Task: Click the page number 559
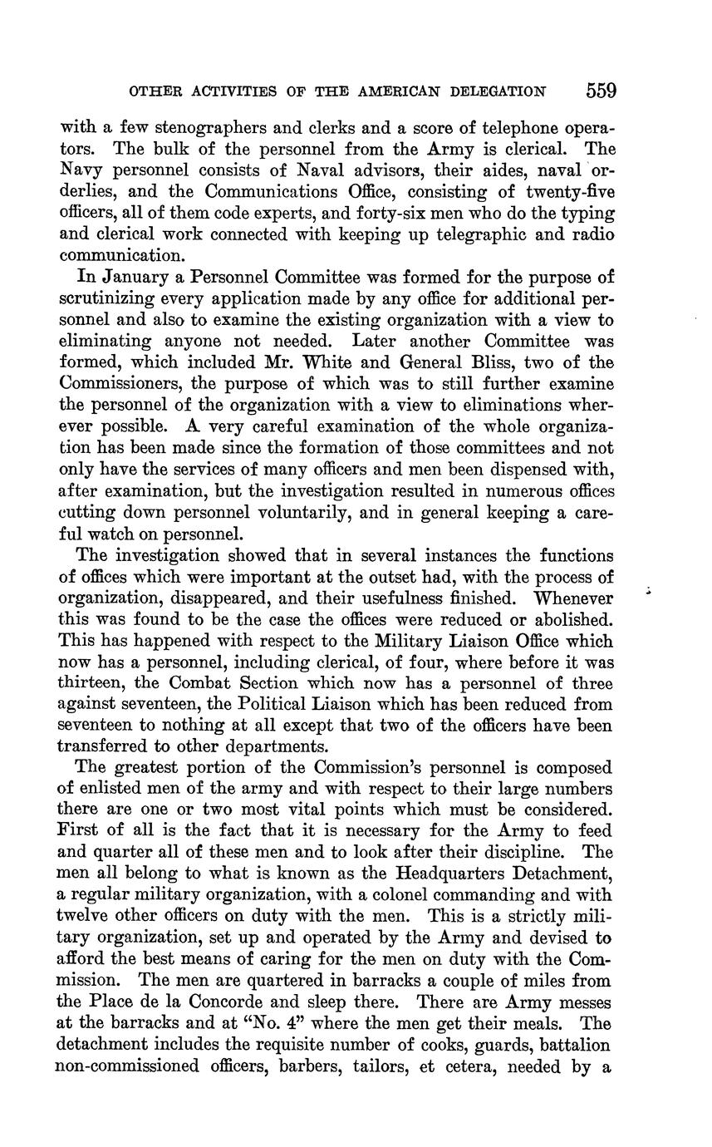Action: [600, 91]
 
